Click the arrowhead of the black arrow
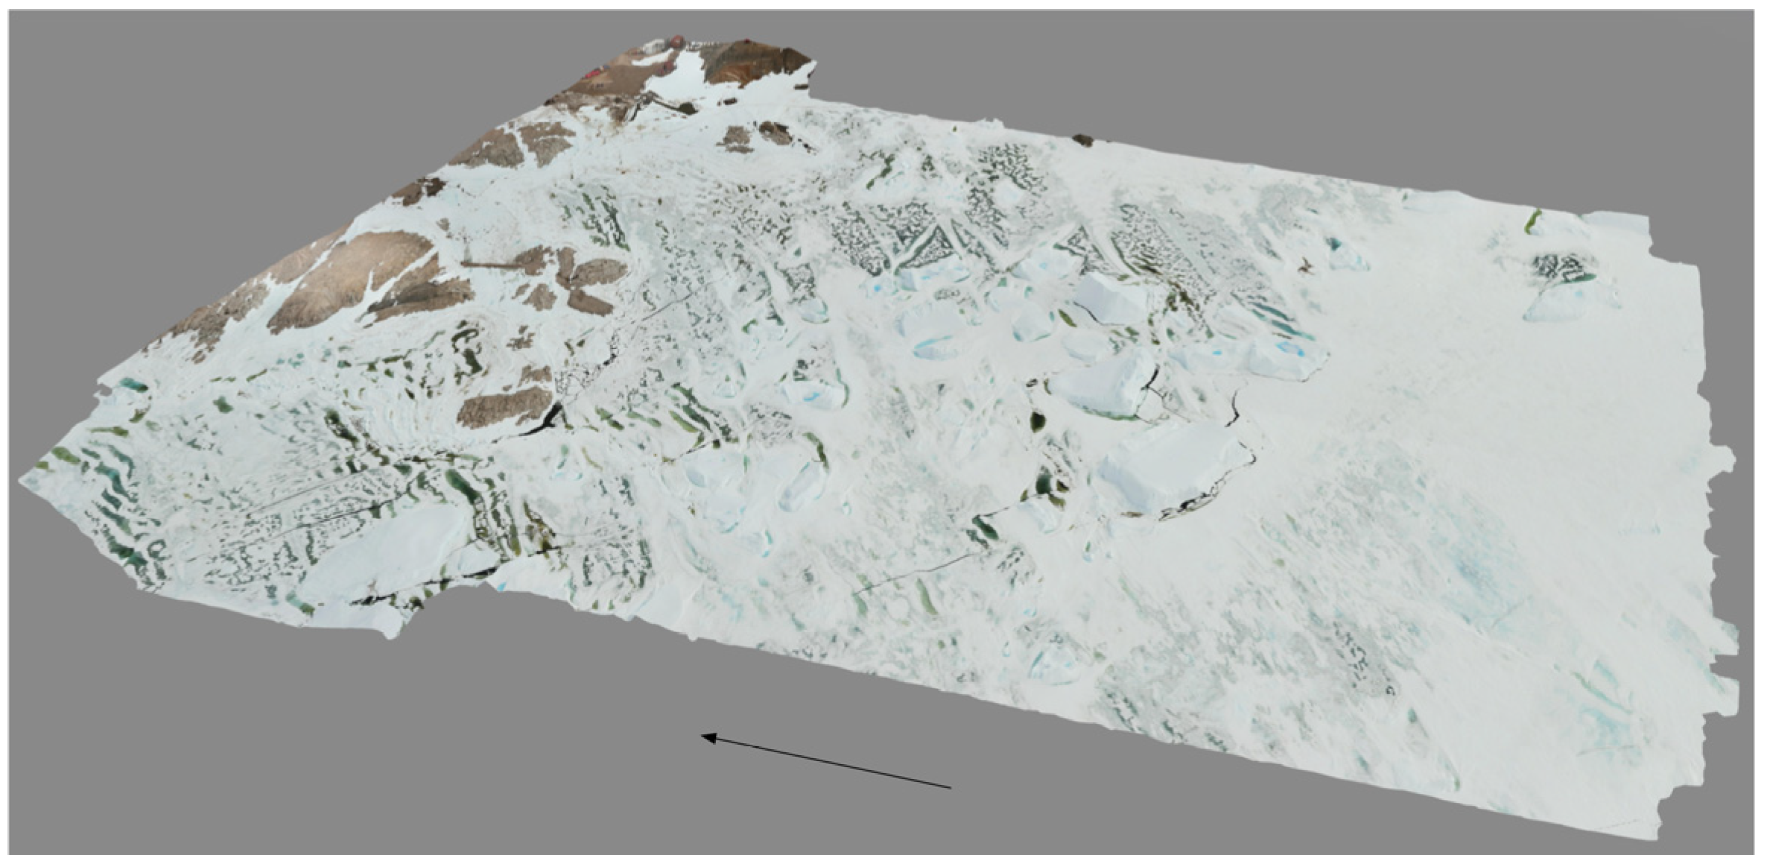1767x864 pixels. pos(705,737)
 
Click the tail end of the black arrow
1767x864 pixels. pos(950,786)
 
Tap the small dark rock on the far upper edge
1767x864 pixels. pos(1082,139)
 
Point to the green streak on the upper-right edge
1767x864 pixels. pos(1532,221)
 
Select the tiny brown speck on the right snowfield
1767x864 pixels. pos(1304,266)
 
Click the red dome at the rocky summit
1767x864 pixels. pos(676,42)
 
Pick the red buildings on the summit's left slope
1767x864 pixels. pos(594,73)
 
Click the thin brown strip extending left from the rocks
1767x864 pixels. pos(488,264)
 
